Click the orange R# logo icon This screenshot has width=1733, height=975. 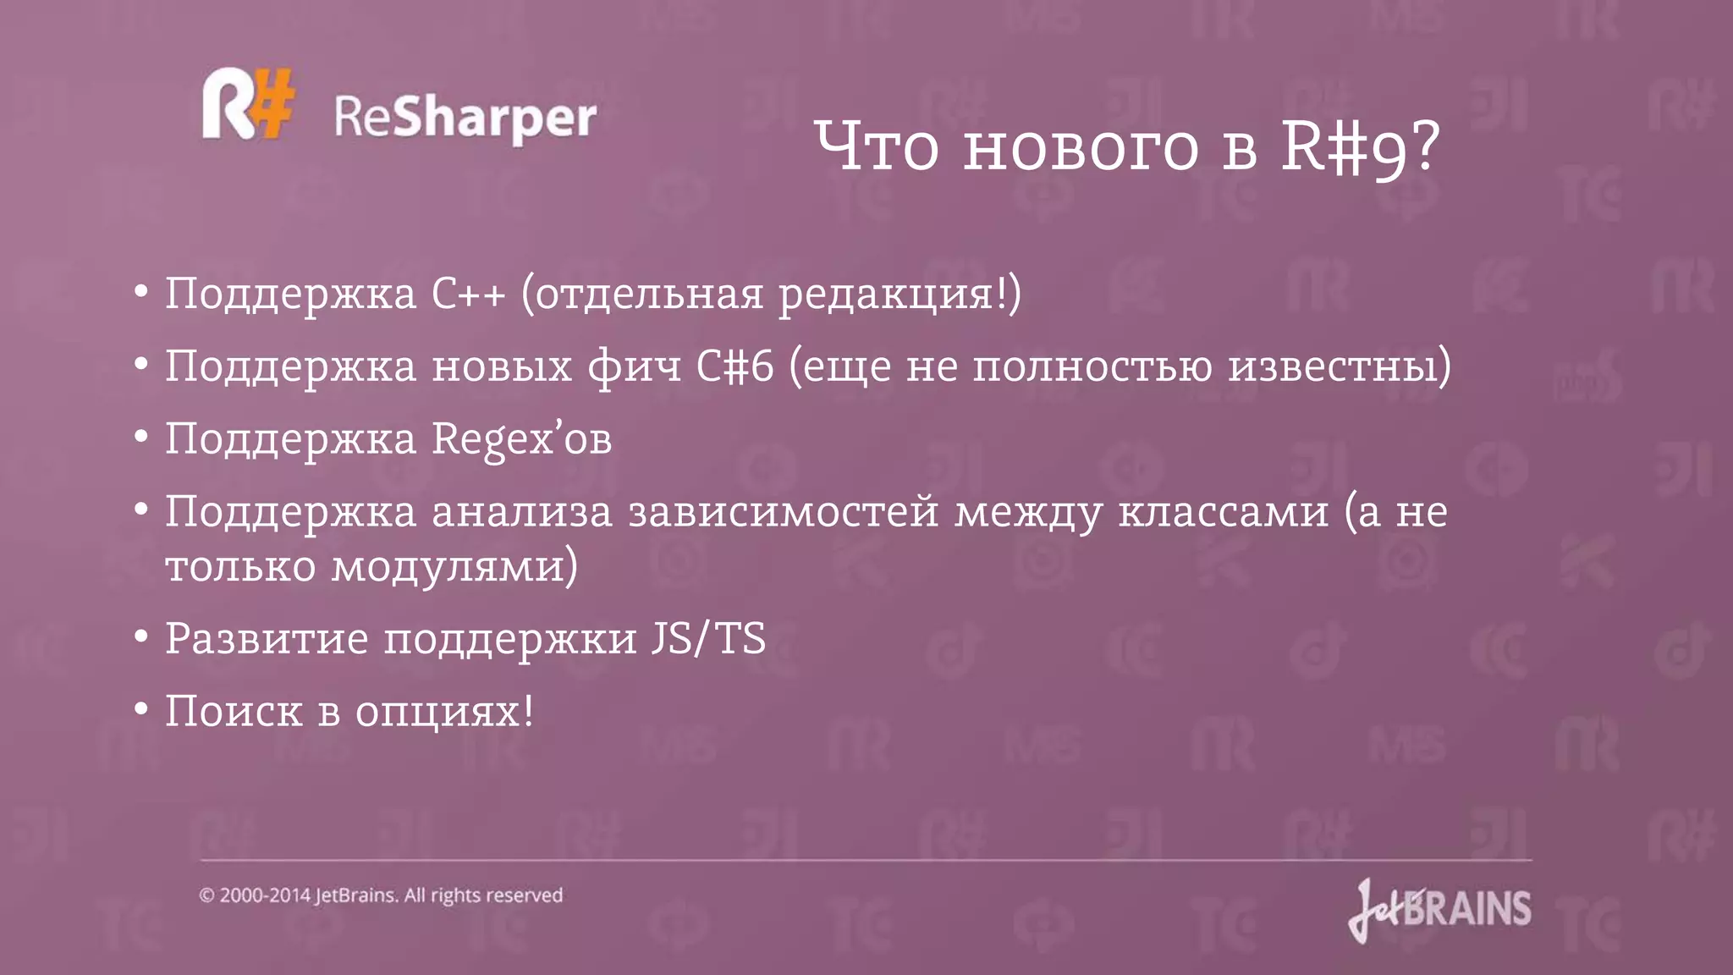(x=248, y=104)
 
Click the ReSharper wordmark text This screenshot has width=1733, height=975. (x=465, y=118)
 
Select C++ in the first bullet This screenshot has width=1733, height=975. (x=468, y=294)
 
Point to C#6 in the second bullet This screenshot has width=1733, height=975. (x=734, y=366)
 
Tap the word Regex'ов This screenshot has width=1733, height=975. (x=521, y=439)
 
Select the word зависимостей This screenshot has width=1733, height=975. (x=783, y=512)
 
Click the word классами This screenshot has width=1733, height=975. (x=1223, y=512)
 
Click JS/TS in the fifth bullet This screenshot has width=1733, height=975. (x=708, y=639)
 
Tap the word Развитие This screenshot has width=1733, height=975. (x=267, y=639)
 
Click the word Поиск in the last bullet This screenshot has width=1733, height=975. (x=234, y=711)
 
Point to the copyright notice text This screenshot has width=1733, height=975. (x=381, y=895)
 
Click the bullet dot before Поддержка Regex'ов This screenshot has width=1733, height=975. (x=141, y=437)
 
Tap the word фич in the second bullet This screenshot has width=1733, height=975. (x=634, y=366)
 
